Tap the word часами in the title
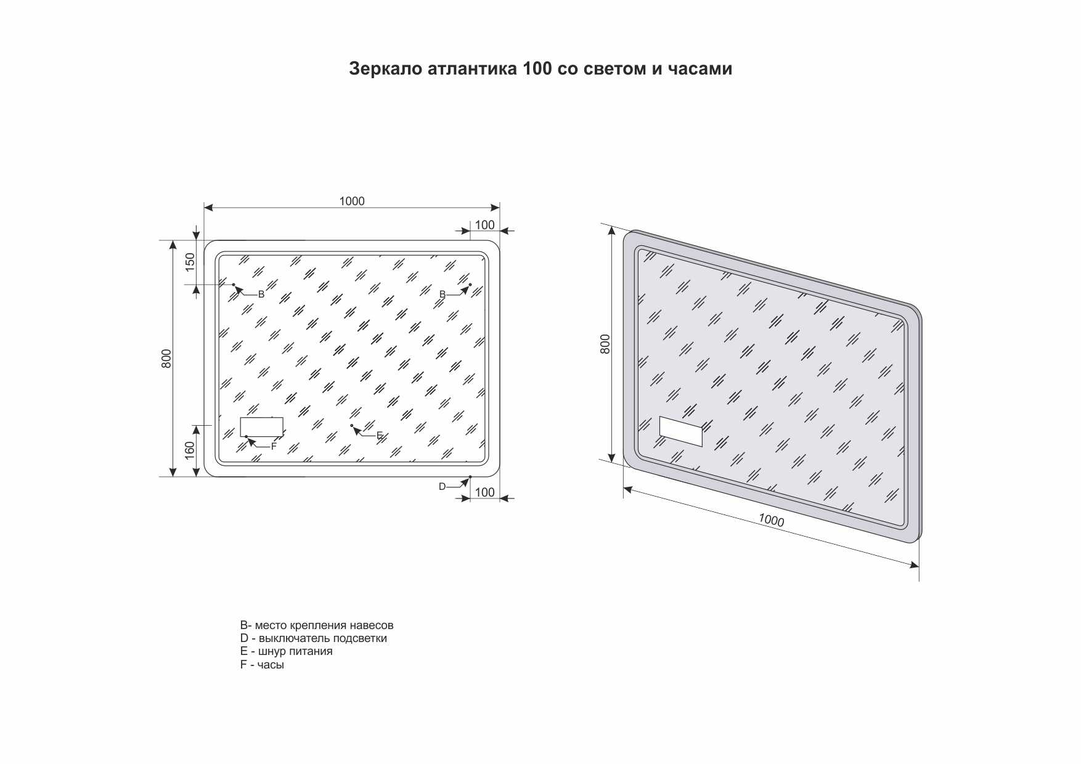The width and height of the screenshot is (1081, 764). pyautogui.click(x=700, y=69)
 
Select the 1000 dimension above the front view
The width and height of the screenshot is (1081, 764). pyautogui.click(x=352, y=201)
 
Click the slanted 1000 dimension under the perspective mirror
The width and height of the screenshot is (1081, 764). pyautogui.click(x=771, y=521)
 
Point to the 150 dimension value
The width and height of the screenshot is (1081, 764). pyautogui.click(x=190, y=261)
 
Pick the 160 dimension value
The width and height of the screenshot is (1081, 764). pyautogui.click(x=190, y=449)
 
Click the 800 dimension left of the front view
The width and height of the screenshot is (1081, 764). pyautogui.click(x=166, y=359)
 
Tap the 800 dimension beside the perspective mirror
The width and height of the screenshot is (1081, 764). pyautogui.click(x=605, y=344)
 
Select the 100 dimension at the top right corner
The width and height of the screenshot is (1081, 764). pyautogui.click(x=485, y=225)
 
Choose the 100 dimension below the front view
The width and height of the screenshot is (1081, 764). pyautogui.click(x=485, y=492)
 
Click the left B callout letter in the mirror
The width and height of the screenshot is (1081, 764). pyautogui.click(x=261, y=295)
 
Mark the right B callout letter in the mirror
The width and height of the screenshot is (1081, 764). pyautogui.click(x=443, y=295)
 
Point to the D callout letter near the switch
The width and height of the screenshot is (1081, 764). pyautogui.click(x=442, y=487)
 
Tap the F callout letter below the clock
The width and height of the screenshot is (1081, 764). pyautogui.click(x=274, y=446)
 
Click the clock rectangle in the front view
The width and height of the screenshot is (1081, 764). pyautogui.click(x=261, y=426)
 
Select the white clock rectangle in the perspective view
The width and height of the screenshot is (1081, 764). pyautogui.click(x=680, y=431)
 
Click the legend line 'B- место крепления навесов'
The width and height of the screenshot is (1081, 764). pyautogui.click(x=317, y=625)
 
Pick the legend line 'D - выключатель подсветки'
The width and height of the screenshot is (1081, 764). pyautogui.click(x=314, y=638)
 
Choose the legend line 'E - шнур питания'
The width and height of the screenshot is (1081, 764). pyautogui.click(x=287, y=651)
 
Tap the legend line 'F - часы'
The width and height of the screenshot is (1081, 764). pyautogui.click(x=263, y=665)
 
